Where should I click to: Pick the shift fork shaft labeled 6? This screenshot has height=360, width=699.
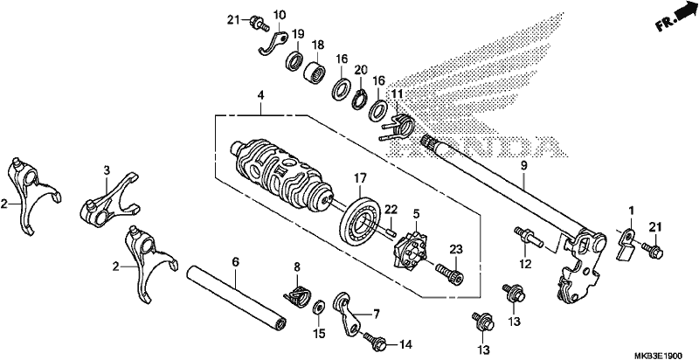point(236,297)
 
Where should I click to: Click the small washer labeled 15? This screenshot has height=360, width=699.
point(319,307)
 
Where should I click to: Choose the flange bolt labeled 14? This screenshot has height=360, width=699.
point(377,341)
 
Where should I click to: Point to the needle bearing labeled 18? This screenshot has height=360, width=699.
point(315,71)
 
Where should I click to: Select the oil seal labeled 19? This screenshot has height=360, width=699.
point(294,61)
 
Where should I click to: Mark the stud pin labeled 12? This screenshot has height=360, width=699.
point(529,237)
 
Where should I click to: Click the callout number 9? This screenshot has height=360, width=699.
point(523,166)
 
